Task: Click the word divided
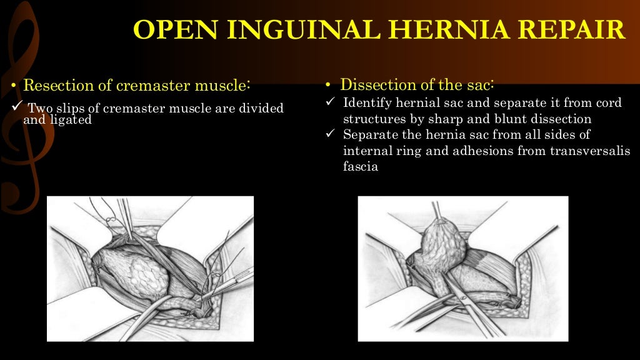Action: coord(256,108)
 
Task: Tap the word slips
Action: coord(70,108)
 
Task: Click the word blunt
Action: coord(507,119)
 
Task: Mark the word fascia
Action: coord(361,167)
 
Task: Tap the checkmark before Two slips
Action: coord(17,107)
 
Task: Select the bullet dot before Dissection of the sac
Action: coord(329,86)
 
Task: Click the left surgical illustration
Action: coord(150,269)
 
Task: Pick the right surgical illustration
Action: coord(462,269)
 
